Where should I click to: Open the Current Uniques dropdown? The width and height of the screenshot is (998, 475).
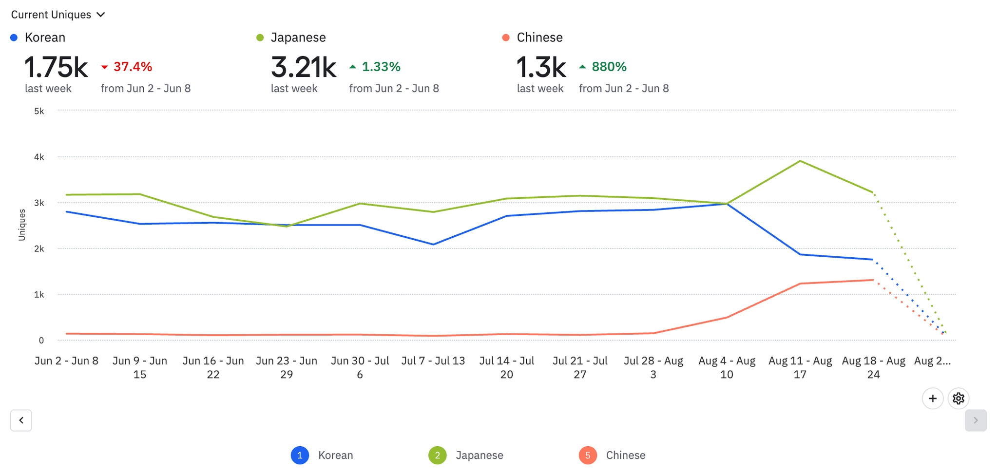tap(58, 15)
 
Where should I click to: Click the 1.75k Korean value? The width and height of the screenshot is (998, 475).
tap(56, 67)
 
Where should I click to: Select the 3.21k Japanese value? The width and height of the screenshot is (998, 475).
tap(303, 67)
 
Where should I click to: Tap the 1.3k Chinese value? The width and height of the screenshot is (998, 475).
tap(541, 67)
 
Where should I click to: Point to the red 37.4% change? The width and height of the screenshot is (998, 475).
tap(127, 67)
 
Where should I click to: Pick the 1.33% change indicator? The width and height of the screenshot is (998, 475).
tap(375, 67)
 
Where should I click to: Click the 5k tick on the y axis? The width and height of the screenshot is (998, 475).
tap(39, 111)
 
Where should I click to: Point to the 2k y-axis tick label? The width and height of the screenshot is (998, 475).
tap(39, 248)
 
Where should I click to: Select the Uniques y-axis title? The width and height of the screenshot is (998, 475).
tap(22, 225)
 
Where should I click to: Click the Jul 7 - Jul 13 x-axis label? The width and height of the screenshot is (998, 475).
tap(433, 361)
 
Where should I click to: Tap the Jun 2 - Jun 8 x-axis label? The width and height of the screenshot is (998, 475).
tap(66, 361)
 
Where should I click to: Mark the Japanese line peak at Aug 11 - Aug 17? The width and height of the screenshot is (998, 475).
tap(800, 161)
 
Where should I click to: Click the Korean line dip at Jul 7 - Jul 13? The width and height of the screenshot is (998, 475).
tap(433, 245)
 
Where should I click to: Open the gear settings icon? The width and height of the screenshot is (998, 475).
tap(958, 399)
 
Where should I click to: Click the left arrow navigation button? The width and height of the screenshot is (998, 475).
tap(21, 420)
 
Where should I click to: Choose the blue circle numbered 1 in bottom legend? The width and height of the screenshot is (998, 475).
tap(300, 455)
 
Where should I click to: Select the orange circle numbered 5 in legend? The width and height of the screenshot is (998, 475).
tap(588, 455)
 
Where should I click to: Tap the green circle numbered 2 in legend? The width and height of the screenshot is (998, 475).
tap(437, 455)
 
